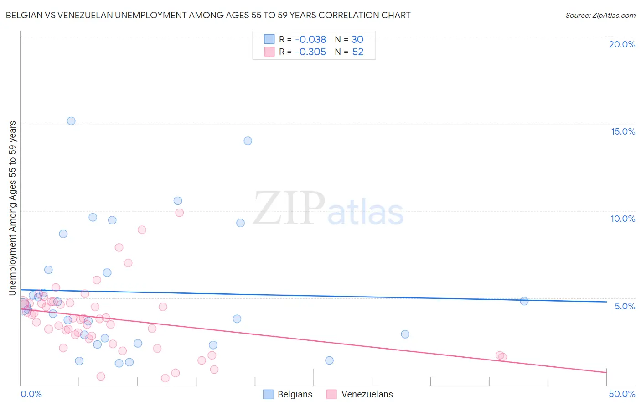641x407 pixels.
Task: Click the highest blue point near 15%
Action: coord(71,121)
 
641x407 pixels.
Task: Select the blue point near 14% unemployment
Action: coord(248,141)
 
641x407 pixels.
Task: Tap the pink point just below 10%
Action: coord(180,213)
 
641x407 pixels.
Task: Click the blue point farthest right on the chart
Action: coord(524,301)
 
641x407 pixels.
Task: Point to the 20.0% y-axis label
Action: coord(622,44)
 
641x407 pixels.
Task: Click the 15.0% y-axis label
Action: coord(623,131)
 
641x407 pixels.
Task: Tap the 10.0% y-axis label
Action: coord(623,219)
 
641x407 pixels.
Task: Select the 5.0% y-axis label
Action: coord(625,306)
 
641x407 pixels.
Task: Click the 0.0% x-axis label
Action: coord(31,394)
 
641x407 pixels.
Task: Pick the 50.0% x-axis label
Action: coord(622,394)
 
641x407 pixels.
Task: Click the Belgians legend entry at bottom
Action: coord(288,394)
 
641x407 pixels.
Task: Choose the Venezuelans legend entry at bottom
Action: coord(360,394)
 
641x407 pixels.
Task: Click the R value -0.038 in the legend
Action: coord(310,40)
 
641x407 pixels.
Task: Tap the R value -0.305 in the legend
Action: coord(310,52)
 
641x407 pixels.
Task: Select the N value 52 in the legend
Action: coord(358,52)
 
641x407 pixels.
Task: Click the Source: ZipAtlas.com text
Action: coord(600,15)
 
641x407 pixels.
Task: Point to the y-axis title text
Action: coord(13,208)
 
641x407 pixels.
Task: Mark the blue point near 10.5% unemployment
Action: coord(178,201)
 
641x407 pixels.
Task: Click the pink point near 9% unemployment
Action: coord(142,230)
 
